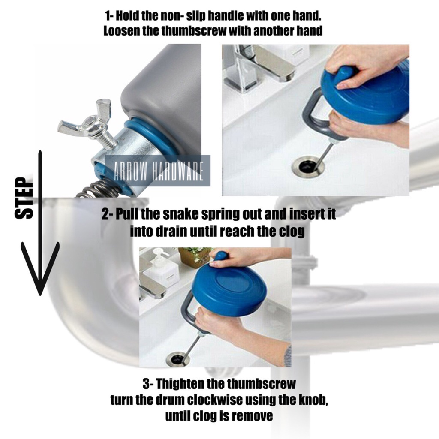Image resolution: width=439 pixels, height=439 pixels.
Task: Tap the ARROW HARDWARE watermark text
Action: pyautogui.click(x=158, y=171)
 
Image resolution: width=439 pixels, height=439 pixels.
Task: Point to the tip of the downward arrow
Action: pyautogui.click(x=40, y=295)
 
